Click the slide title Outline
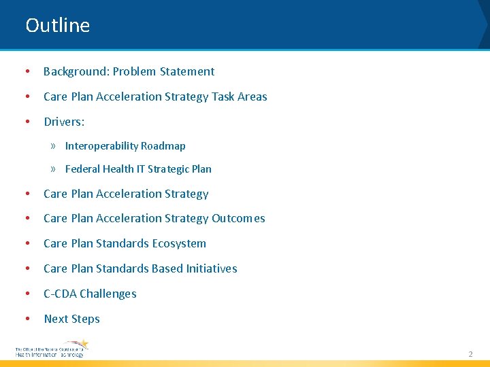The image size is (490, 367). tap(58, 26)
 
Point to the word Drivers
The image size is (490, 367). tap(64, 122)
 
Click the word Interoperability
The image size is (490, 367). tap(101, 146)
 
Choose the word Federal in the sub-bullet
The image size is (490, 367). tap(82, 169)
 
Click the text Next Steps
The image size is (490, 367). tap(71, 319)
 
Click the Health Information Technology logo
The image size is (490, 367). tap(52, 349)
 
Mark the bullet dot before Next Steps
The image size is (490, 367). tap(27, 319)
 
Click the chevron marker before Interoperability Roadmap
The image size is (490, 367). tap(53, 146)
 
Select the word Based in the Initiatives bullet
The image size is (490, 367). tap(167, 268)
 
